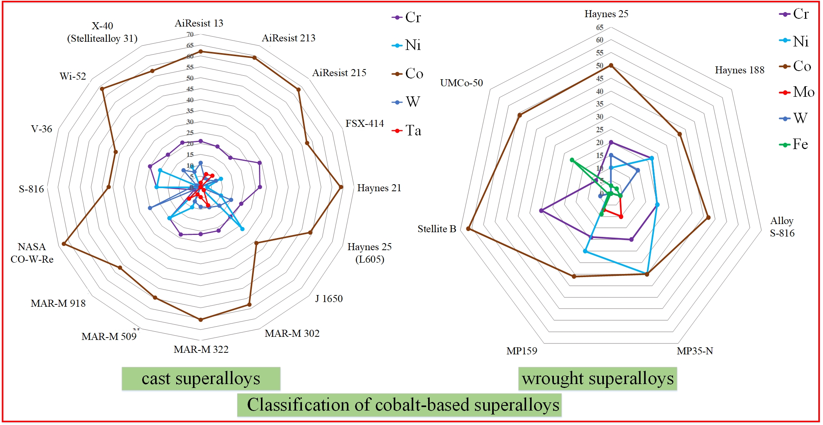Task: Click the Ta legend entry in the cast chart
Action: (407, 131)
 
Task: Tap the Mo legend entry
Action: (797, 92)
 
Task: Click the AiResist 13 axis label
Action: (199, 23)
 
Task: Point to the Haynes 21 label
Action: (379, 188)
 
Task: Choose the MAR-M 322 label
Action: (201, 349)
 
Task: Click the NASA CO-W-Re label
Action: (32, 253)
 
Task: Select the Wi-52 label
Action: (73, 76)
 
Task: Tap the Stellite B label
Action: (437, 229)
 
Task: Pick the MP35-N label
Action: (694, 351)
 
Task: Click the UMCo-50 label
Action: (461, 83)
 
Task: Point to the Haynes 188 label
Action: (739, 70)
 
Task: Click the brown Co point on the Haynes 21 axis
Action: (341, 187)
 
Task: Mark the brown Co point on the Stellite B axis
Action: (468, 229)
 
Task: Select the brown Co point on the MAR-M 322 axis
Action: (201, 320)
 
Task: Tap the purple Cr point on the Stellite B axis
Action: (541, 211)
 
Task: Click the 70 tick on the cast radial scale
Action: (190, 34)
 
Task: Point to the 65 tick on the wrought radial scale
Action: (600, 28)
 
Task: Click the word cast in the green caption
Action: (156, 379)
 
